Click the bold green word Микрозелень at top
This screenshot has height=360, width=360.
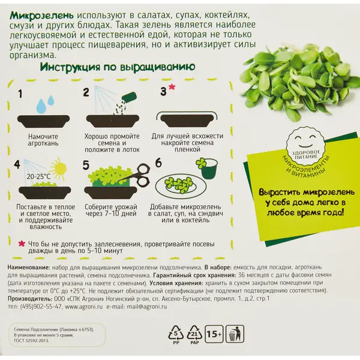tap(42, 16)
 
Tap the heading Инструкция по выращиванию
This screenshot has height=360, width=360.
tap(118, 67)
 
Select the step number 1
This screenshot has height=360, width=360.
tap(20, 94)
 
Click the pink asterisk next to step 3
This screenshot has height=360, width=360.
tap(172, 87)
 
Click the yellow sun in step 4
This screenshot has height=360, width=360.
tap(58, 168)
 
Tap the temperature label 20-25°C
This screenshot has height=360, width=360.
tap(38, 176)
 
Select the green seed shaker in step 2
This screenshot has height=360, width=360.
tap(129, 98)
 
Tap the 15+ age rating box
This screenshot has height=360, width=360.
tap(214, 334)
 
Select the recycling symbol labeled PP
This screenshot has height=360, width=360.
tap(176, 334)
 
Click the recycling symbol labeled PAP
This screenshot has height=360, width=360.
tap(194, 334)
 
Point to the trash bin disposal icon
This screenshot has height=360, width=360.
tap(235, 334)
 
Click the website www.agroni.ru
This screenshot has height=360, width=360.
tap(84, 307)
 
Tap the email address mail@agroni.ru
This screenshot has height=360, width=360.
tap(147, 307)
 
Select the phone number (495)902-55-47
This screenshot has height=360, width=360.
tap(41, 307)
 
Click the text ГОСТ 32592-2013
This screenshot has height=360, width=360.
tap(31, 340)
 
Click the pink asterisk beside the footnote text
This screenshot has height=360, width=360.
tap(22, 244)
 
